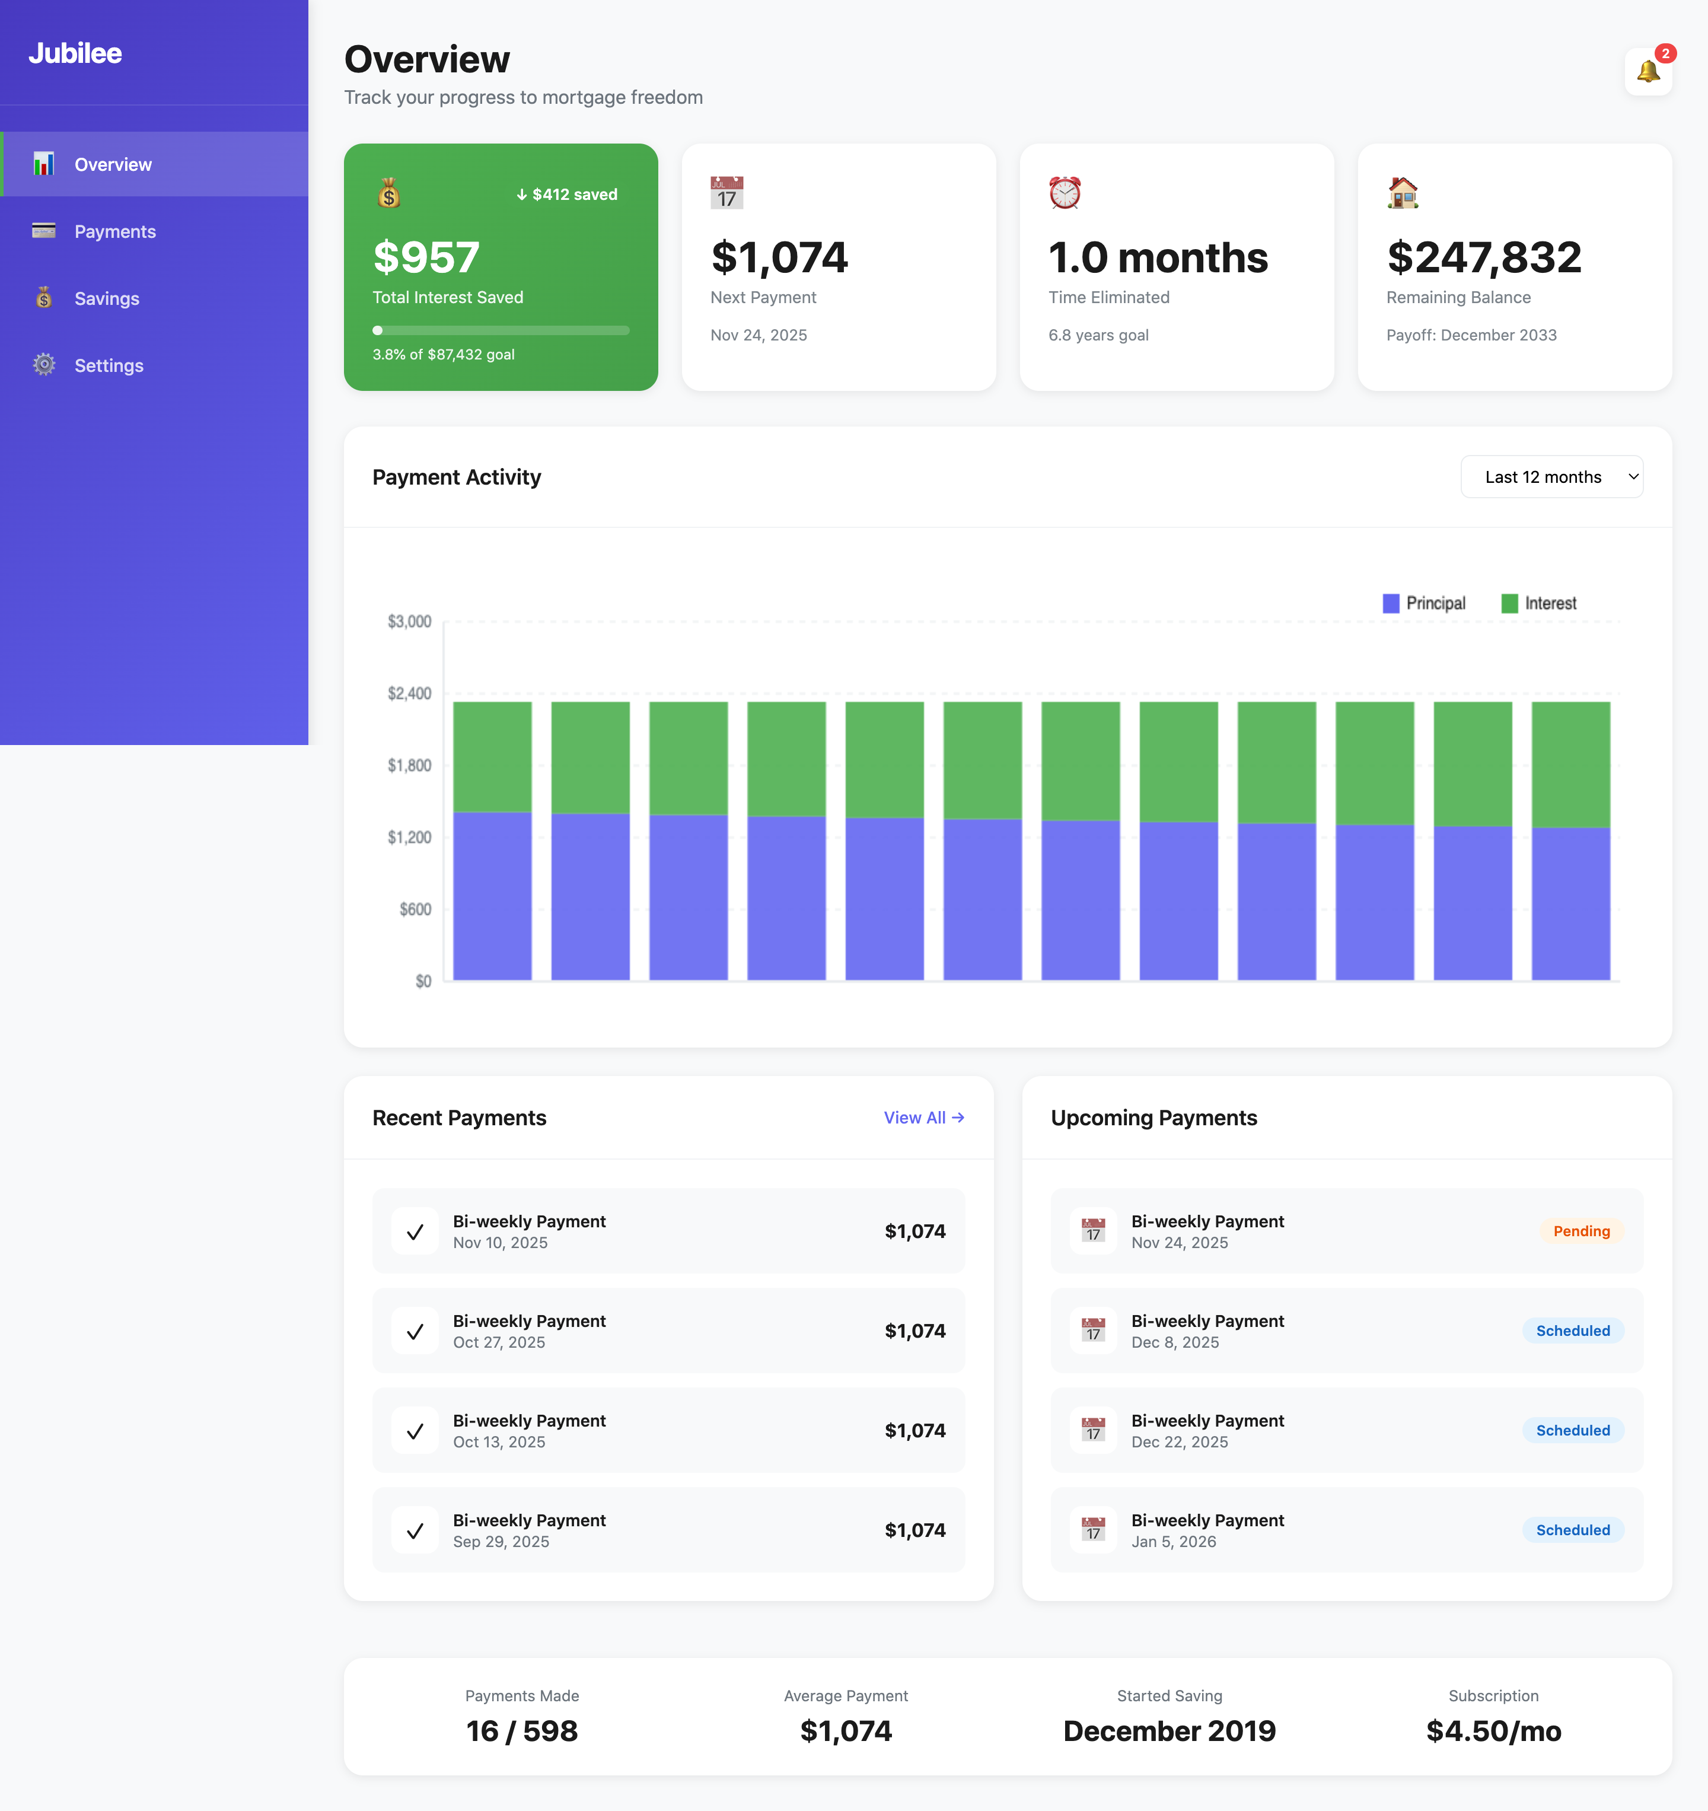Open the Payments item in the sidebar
[x=115, y=231]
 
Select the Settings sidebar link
[x=109, y=365]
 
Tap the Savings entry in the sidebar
[x=107, y=299]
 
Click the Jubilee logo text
[x=75, y=53]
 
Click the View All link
[x=923, y=1118]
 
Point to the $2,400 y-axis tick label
[x=409, y=693]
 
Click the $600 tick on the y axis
[x=415, y=909]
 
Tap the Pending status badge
[x=1580, y=1231]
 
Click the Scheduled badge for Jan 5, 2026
[x=1572, y=1529]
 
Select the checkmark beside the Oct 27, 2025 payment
[x=415, y=1331]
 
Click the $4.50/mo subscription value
[x=1493, y=1731]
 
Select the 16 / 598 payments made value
[x=521, y=1731]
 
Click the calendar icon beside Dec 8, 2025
[x=1092, y=1331]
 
